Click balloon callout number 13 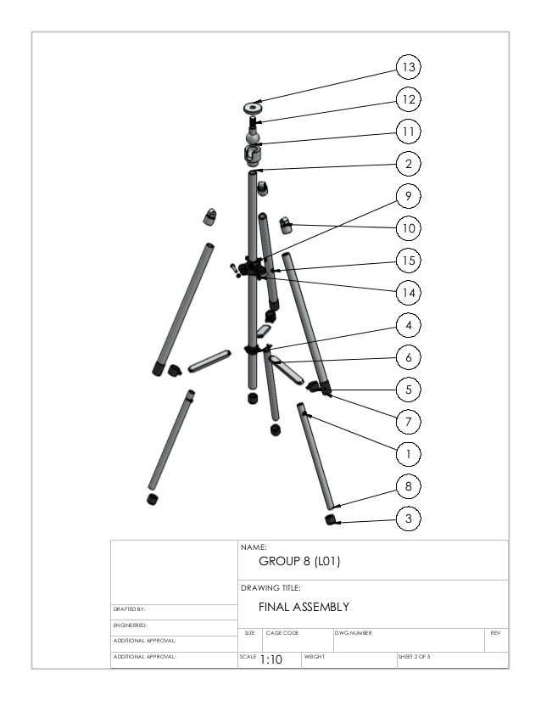coord(409,67)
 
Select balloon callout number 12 coord(409,99)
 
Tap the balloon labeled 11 coord(409,132)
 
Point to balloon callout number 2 coord(409,164)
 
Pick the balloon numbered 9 coord(409,196)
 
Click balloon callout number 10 coord(409,228)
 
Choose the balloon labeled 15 coord(409,260)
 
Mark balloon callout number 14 coord(409,292)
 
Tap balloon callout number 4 coord(409,324)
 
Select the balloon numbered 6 coord(409,356)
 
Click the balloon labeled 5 coord(409,389)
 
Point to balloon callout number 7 coord(409,421)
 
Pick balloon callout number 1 coord(409,453)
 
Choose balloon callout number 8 coord(409,485)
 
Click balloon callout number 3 coord(409,518)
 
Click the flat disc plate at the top coord(253,107)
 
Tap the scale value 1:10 coord(270,659)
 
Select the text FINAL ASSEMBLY coord(304,607)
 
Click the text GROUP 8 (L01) coord(299,561)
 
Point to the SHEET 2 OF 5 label coord(414,656)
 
